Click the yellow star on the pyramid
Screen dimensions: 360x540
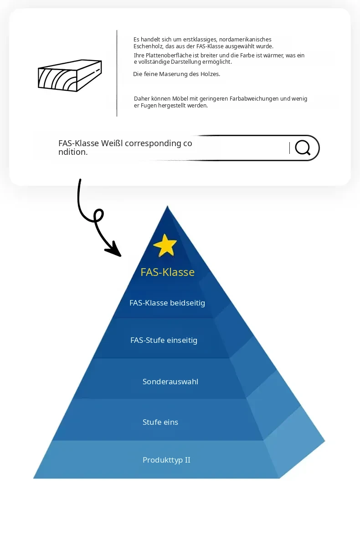165,245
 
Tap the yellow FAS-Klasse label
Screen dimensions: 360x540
168,272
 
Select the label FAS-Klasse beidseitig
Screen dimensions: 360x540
167,303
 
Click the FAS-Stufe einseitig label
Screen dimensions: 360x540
164,340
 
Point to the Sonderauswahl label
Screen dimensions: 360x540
170,382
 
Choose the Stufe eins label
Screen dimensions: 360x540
160,422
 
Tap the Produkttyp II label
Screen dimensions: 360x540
166,460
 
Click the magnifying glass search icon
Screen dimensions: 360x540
303,148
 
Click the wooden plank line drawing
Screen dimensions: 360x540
70,76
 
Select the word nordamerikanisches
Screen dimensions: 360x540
245,40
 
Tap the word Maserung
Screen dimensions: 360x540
174,74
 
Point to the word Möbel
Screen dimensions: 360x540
180,99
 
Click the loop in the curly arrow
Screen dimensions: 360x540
98,215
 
